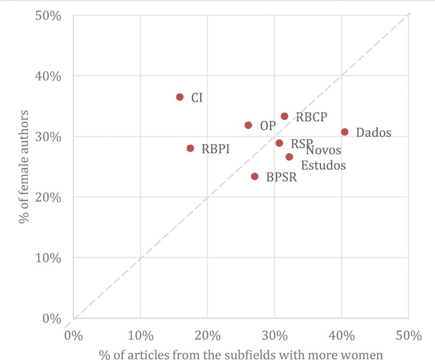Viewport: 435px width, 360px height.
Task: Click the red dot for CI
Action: click(x=180, y=97)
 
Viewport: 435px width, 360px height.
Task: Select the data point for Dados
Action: click(x=345, y=132)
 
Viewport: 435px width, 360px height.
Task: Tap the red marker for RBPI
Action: click(x=190, y=148)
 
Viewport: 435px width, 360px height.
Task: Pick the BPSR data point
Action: click(x=255, y=176)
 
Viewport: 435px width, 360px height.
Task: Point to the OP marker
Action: click(x=248, y=125)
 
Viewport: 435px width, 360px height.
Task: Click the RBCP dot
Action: click(x=285, y=116)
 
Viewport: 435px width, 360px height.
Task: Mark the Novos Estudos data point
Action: click(x=289, y=157)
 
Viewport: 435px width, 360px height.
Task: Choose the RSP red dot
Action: click(x=279, y=143)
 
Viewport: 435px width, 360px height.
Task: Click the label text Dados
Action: click(x=373, y=132)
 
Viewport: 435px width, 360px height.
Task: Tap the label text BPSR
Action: click(x=281, y=177)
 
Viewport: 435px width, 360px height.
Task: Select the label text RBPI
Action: click(x=215, y=149)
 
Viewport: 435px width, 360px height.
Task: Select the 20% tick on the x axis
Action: click(x=207, y=336)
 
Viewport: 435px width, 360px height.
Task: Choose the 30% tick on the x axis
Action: click(x=274, y=336)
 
